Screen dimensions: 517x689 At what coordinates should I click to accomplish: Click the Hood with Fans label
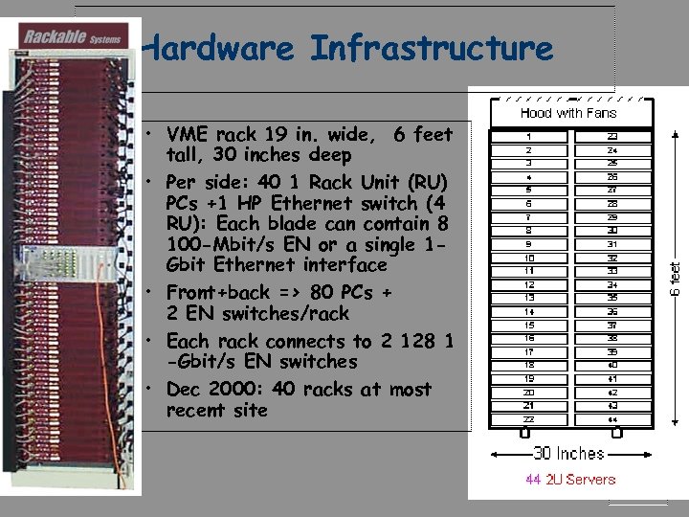tap(568, 113)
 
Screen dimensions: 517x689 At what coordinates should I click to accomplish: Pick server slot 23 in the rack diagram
tap(611, 137)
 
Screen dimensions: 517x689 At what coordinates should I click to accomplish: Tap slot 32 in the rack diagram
tap(611, 258)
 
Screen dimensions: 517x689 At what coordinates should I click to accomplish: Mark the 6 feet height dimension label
tap(676, 278)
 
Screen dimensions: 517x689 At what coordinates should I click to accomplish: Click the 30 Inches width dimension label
tap(568, 453)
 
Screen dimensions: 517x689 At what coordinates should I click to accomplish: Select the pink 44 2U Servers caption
tap(570, 479)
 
